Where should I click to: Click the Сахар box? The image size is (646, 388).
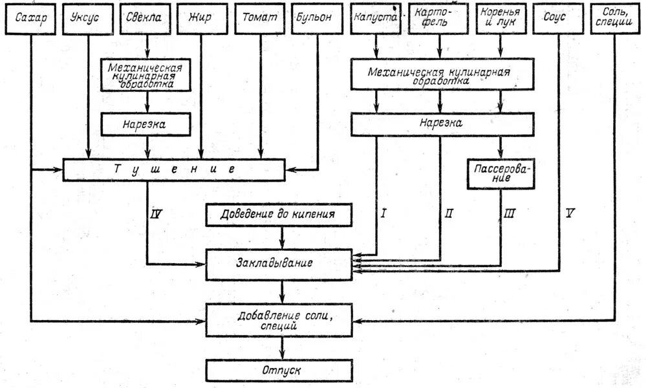[x=30, y=19]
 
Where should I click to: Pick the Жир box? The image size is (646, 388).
[x=202, y=19]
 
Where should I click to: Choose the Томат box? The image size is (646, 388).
[x=259, y=19]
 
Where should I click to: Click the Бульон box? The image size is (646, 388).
[x=317, y=19]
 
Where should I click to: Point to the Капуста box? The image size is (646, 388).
[x=375, y=19]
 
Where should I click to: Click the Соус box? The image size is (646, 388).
[x=557, y=19]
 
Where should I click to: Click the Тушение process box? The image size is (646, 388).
[x=174, y=169]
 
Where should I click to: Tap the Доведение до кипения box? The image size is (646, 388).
[x=279, y=215]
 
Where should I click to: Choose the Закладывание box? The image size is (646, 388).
[x=279, y=264]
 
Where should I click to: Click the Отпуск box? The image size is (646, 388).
[x=279, y=371]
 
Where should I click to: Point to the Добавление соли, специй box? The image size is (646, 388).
[x=279, y=321]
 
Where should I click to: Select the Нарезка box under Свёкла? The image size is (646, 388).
[x=145, y=125]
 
